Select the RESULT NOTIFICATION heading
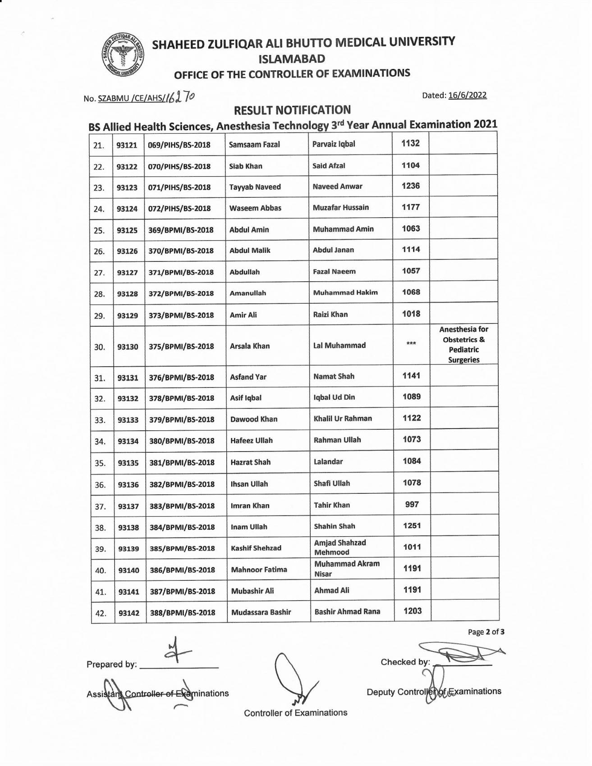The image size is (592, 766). point(292,110)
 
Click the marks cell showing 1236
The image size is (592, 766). point(411,186)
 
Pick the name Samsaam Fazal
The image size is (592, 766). point(254,145)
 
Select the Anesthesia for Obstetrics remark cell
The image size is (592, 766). point(464,345)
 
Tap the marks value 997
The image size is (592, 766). point(412,505)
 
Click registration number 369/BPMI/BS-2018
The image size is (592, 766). point(181,230)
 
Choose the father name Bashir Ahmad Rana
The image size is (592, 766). point(347,611)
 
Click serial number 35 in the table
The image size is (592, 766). point(100,463)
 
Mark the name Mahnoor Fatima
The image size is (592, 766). point(259,570)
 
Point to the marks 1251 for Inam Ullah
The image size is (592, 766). point(412,526)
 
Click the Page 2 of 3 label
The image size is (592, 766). point(486,632)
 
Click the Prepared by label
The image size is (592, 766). point(111,664)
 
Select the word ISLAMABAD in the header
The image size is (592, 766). point(292,59)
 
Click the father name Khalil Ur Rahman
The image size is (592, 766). point(343,419)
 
